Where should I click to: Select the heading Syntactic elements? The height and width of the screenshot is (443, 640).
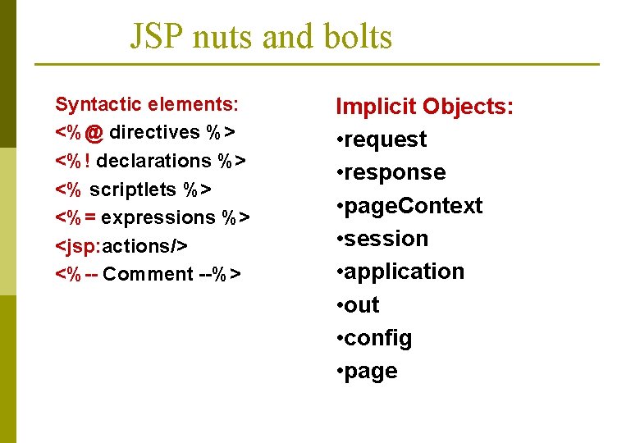coord(147,105)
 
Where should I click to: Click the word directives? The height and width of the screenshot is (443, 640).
coord(154,133)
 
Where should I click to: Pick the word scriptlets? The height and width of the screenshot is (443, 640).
coord(132,190)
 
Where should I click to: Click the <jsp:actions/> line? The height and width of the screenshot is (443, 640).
coord(121,246)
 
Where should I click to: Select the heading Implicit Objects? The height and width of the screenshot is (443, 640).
coord(425,107)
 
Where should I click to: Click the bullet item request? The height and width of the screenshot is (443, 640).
coord(385,139)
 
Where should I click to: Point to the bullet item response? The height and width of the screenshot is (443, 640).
coord(395,172)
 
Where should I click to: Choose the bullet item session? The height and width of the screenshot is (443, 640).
coord(386,239)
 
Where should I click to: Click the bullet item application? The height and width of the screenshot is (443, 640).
coord(404,272)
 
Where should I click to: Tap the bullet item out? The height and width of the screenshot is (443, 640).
coord(361,305)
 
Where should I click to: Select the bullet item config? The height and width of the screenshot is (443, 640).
coord(377,338)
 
